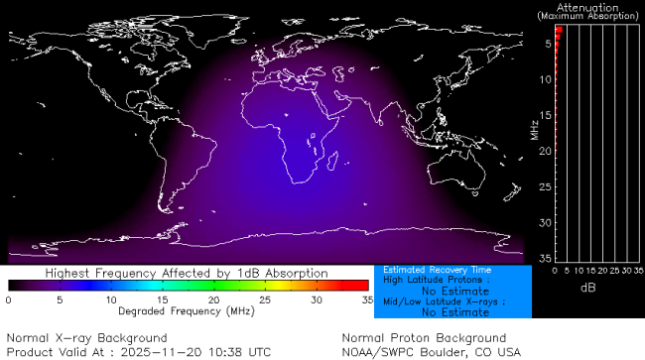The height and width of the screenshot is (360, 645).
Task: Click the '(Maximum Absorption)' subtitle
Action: click(x=590, y=16)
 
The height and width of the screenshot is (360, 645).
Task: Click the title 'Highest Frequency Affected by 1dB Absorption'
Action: click(x=188, y=272)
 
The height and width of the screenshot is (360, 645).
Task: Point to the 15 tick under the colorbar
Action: click(x=162, y=299)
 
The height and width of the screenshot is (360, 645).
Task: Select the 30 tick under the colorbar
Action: click(x=317, y=299)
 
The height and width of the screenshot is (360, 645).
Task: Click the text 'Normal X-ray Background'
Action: click(x=86, y=338)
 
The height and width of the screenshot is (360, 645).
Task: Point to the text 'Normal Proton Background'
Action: click(x=424, y=338)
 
